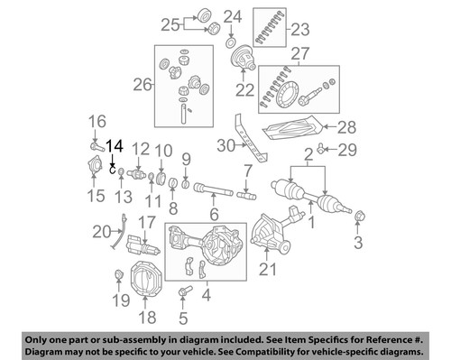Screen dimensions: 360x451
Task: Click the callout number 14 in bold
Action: (115, 145)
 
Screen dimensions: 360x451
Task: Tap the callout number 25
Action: (170, 23)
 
